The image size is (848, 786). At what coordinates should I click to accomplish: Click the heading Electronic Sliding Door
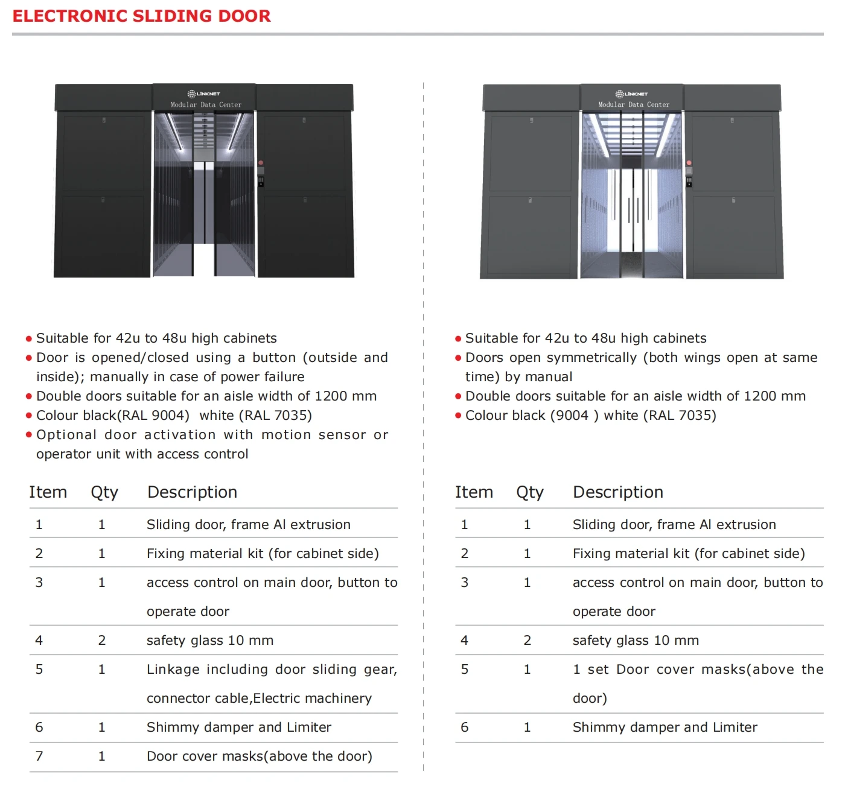[x=141, y=16]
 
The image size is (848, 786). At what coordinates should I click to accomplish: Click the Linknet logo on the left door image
[x=204, y=93]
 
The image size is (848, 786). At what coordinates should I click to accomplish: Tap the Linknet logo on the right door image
[x=632, y=93]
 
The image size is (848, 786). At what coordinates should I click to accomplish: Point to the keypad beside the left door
[x=261, y=180]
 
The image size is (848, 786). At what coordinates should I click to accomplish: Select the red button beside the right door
[x=689, y=163]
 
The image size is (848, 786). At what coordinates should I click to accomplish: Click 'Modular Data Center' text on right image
[x=634, y=104]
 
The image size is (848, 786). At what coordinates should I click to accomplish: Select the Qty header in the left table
[x=104, y=492]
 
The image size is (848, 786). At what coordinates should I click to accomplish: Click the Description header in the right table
[x=617, y=492]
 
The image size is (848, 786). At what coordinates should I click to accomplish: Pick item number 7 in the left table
[x=39, y=756]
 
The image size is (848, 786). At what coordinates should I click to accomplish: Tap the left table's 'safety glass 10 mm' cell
[x=209, y=640]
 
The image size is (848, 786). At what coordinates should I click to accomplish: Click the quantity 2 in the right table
[x=527, y=640]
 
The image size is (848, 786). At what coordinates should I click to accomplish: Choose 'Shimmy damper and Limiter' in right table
[x=665, y=727]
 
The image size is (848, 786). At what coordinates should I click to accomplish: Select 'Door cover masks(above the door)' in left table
[x=259, y=756]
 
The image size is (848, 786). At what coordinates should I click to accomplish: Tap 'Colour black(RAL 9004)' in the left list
[x=113, y=416]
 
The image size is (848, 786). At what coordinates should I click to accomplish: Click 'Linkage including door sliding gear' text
[x=271, y=669]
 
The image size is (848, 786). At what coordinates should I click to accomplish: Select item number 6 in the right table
[x=464, y=727]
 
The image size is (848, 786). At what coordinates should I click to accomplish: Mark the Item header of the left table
[x=48, y=492]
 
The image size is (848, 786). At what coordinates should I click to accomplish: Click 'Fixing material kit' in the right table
[x=631, y=553]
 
